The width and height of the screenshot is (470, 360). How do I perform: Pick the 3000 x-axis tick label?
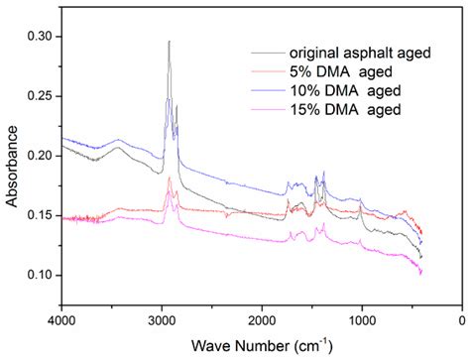click(162, 321)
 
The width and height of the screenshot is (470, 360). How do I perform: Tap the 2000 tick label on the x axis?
click(262, 321)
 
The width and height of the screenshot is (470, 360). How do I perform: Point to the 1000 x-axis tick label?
click(362, 321)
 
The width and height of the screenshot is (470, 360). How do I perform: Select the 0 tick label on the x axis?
click(462, 321)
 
